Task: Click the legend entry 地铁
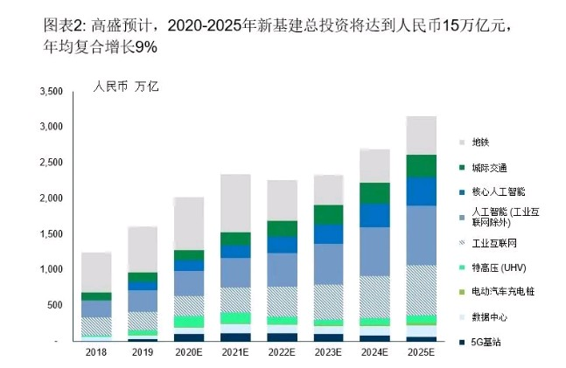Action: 481,142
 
